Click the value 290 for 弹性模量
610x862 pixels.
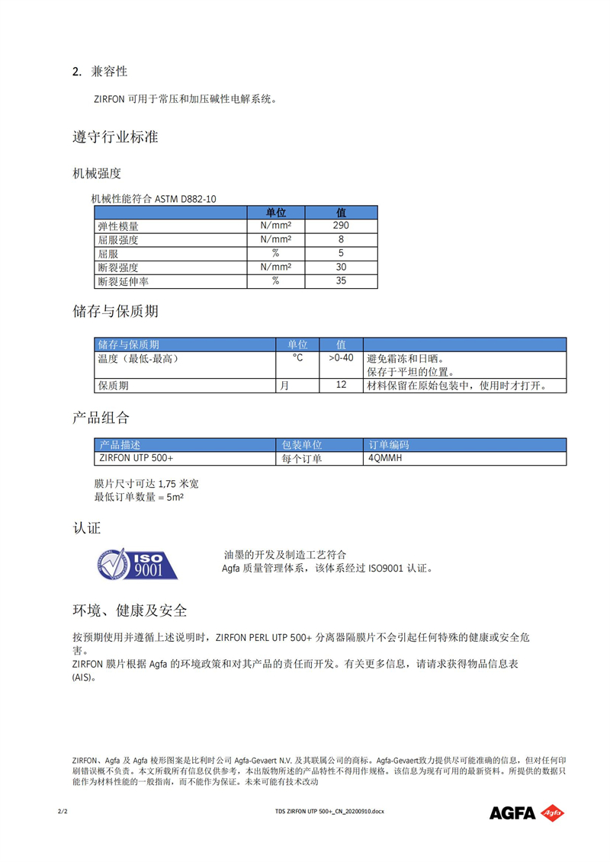point(341,226)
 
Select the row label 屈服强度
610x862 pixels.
point(118,240)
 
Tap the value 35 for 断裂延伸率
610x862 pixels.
point(341,281)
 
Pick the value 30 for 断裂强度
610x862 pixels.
point(341,268)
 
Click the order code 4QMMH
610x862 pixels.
point(385,459)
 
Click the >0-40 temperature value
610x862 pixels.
point(341,358)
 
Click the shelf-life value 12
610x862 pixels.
point(341,386)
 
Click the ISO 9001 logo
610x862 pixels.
point(137,562)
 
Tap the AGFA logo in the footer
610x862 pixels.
point(527,812)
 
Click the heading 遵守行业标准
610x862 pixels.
point(115,137)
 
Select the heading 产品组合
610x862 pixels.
point(101,418)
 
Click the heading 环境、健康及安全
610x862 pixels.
point(130,610)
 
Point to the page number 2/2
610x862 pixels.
point(63,812)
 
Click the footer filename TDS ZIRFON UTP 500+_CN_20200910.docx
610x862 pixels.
point(329,812)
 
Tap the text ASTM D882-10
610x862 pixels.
point(185,199)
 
